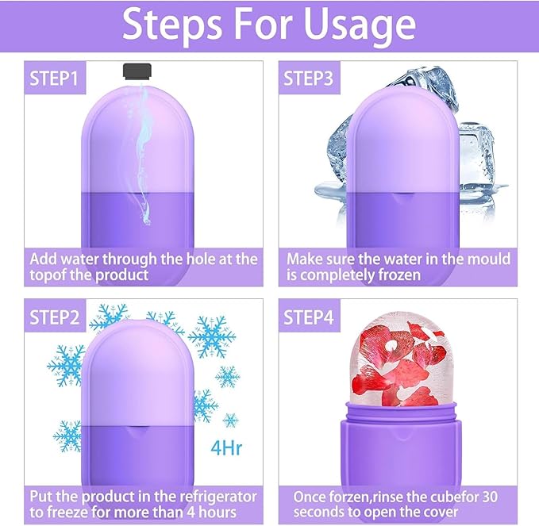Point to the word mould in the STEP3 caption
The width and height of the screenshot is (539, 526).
tap(487, 259)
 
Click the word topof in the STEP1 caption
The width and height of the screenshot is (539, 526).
tap(48, 275)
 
